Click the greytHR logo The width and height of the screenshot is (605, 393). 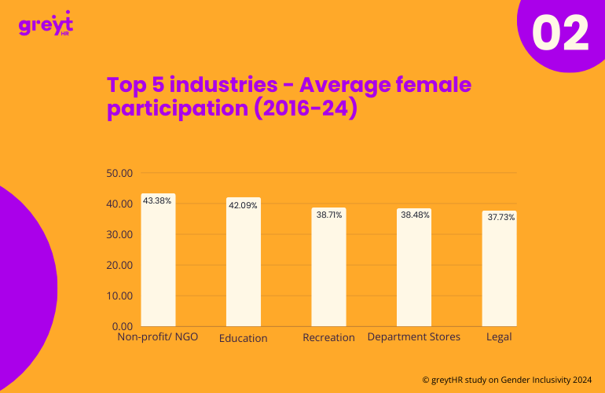(x=46, y=25)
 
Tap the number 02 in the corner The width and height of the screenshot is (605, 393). (x=560, y=34)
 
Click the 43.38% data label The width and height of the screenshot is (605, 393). (x=157, y=201)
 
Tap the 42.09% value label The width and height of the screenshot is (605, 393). (x=243, y=205)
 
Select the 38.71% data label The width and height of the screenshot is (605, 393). (x=328, y=215)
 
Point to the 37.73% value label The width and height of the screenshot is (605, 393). (x=500, y=217)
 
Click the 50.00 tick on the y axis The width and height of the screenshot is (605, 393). (x=119, y=173)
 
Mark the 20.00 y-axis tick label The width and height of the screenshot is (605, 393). (x=119, y=265)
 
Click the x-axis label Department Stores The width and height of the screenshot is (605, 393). (x=414, y=337)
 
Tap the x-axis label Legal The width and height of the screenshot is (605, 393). (x=499, y=337)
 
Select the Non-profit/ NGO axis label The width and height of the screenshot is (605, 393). (x=158, y=337)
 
